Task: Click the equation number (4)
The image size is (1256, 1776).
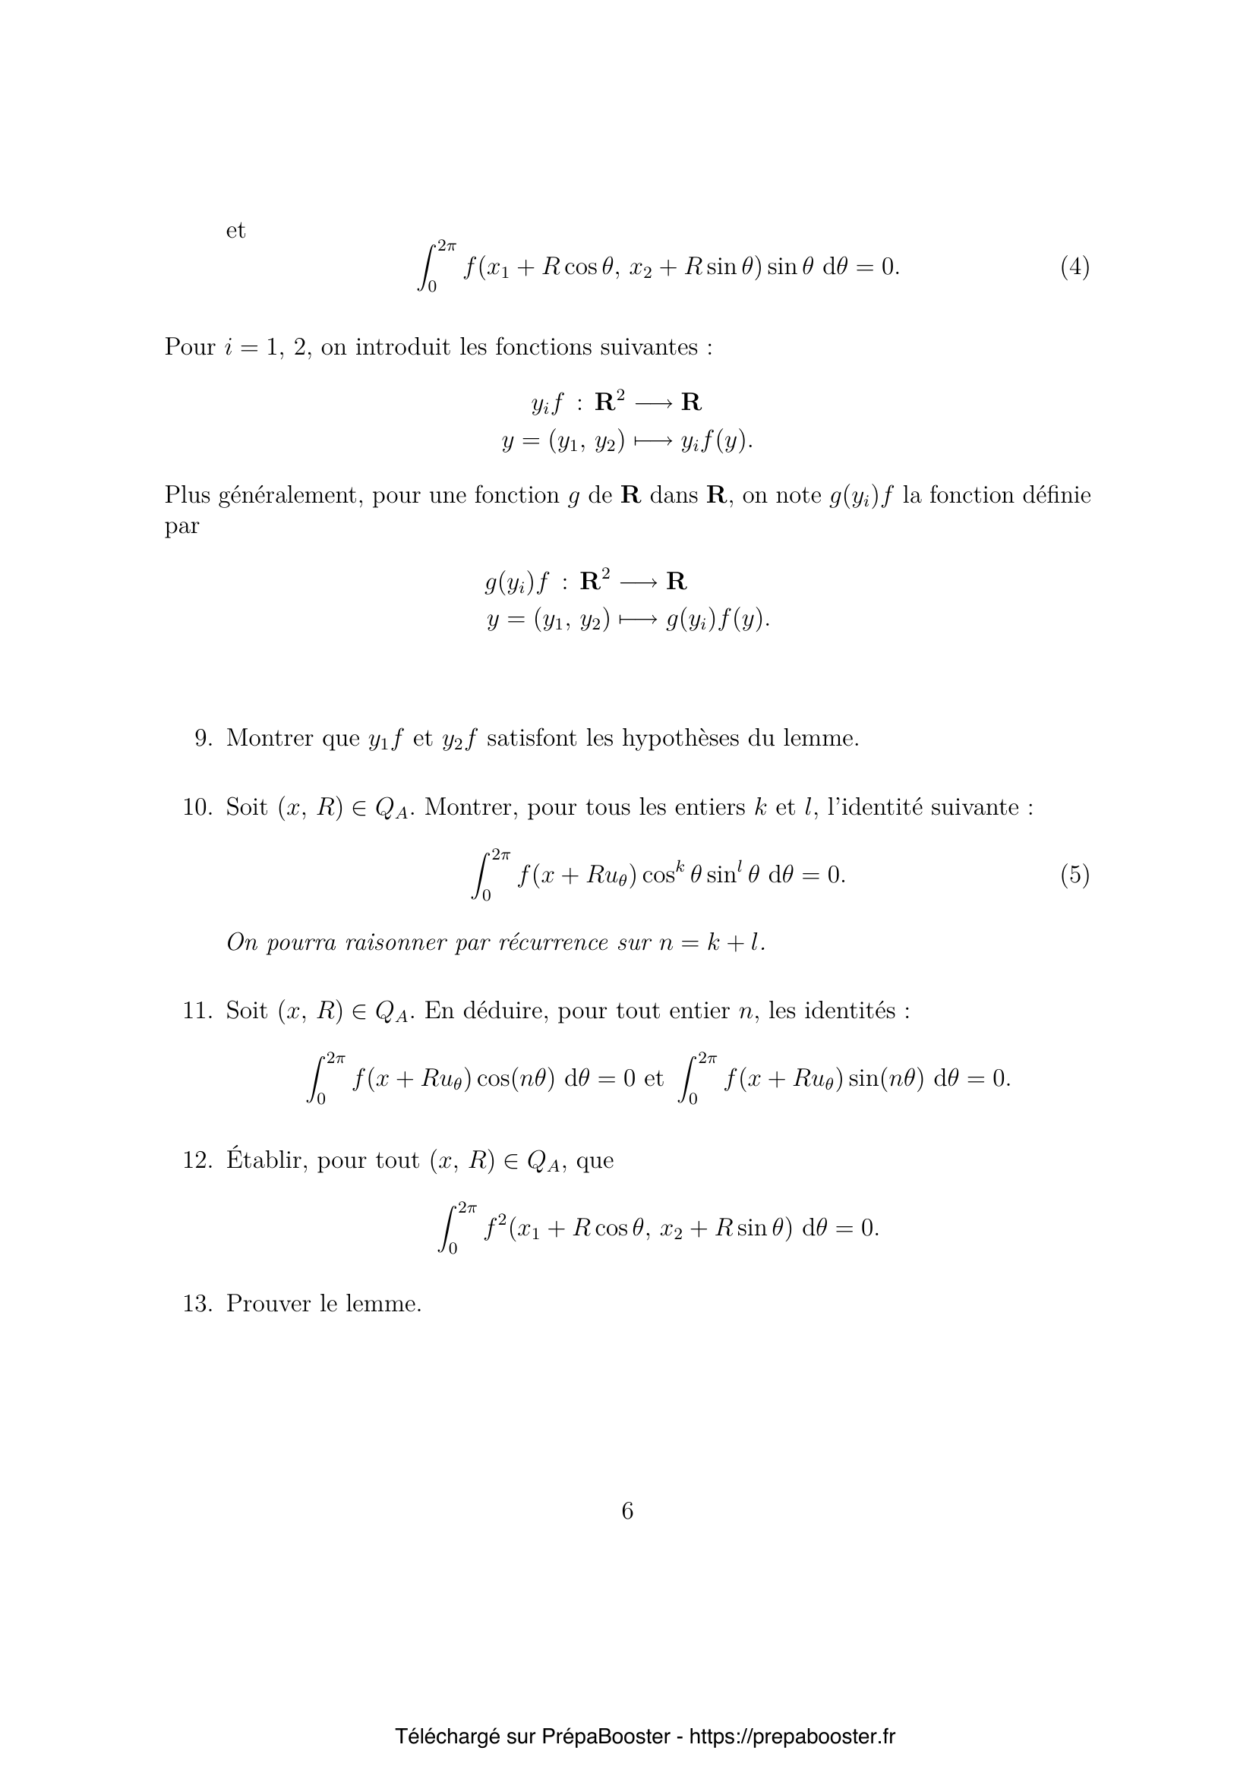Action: [x=1075, y=267]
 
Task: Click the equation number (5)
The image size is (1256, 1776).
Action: [x=1075, y=875]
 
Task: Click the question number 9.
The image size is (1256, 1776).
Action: [x=203, y=738]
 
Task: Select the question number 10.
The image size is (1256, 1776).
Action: [x=197, y=807]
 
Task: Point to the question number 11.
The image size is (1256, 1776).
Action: [x=197, y=1010]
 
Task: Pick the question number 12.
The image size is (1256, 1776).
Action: [x=197, y=1160]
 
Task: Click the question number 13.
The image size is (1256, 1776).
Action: [x=197, y=1304]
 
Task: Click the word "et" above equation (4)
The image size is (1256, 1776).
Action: [x=235, y=231]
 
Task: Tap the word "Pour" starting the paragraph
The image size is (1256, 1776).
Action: [x=190, y=346]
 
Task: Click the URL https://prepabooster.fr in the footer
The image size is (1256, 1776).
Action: [x=791, y=1715]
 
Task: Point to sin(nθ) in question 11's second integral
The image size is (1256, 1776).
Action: [x=886, y=1078]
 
